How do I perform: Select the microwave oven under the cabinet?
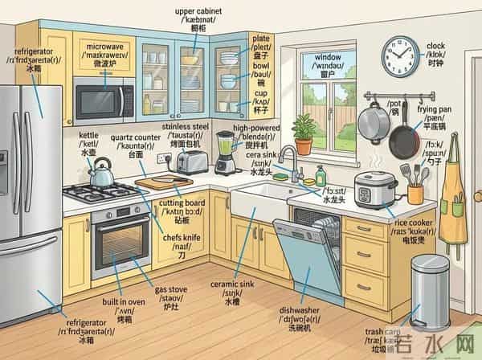click(x=104, y=99)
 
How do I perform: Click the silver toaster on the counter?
click(x=190, y=162)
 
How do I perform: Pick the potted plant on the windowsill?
click(x=304, y=134)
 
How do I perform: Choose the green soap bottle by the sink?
click(x=321, y=176)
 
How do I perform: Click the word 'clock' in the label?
click(x=435, y=46)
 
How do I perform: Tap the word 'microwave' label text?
click(x=104, y=47)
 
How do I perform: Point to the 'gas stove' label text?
click(x=171, y=288)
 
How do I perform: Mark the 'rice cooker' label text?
click(x=414, y=222)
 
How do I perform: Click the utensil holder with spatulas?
click(x=415, y=191)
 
